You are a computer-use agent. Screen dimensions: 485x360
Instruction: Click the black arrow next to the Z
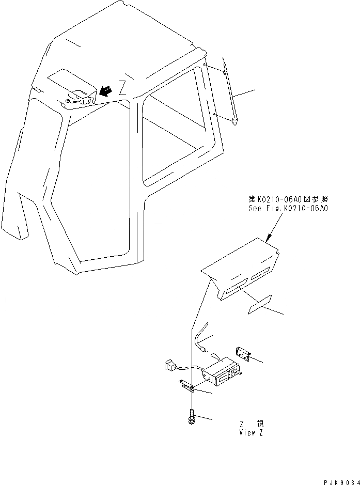(106, 90)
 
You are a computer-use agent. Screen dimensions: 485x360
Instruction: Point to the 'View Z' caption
(251, 433)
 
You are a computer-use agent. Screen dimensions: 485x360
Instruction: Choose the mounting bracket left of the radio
(186, 385)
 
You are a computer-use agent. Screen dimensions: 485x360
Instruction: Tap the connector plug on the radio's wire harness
(169, 366)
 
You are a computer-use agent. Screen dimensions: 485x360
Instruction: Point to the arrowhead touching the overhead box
(268, 239)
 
